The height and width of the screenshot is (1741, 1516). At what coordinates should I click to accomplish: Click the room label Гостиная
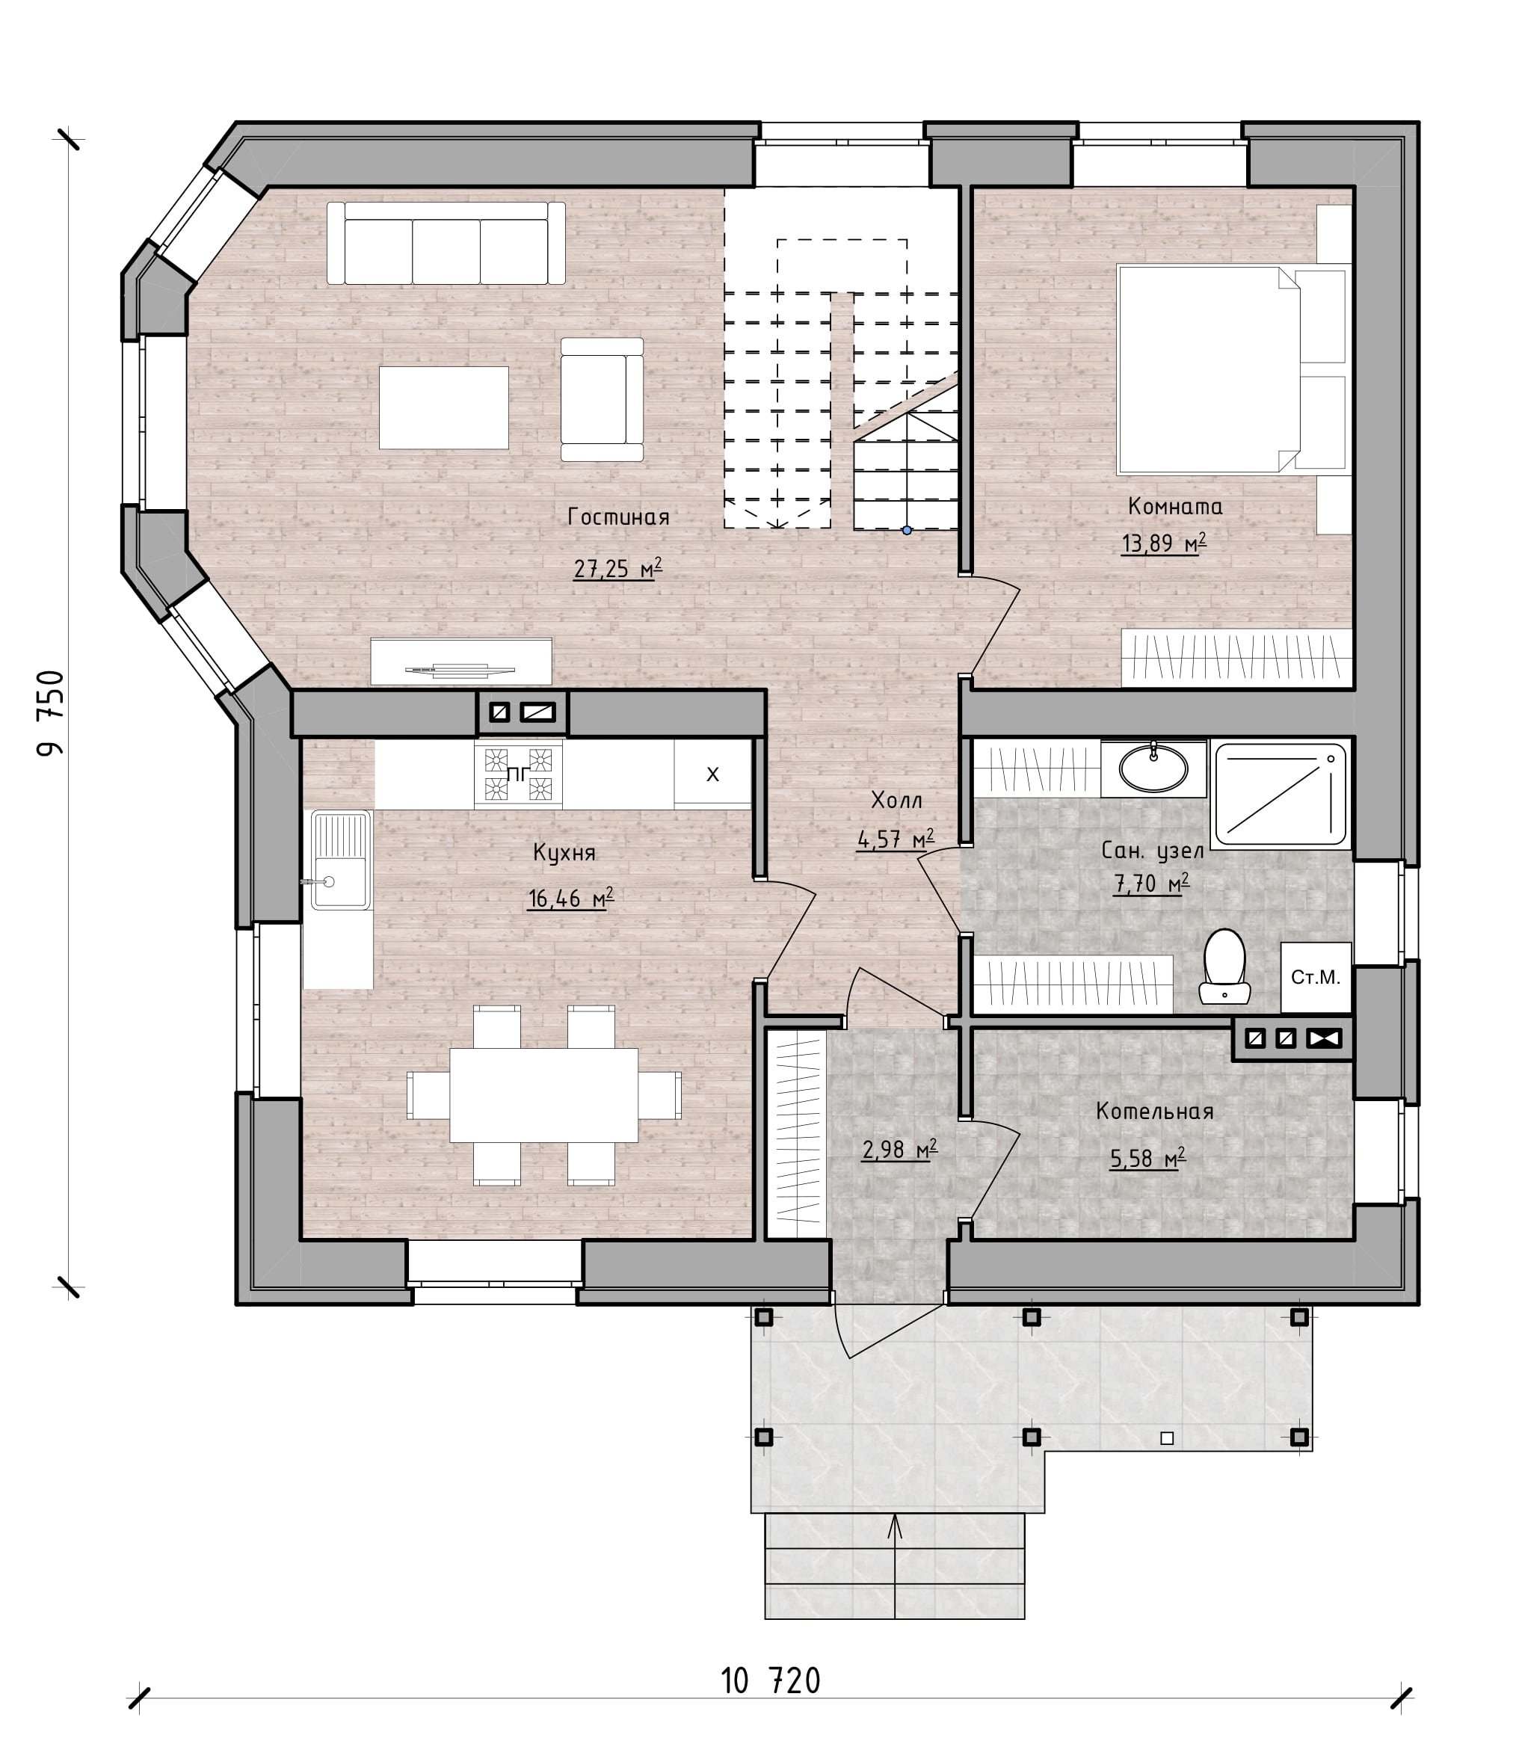618,516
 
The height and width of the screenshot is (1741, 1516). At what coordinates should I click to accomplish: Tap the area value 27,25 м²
617,568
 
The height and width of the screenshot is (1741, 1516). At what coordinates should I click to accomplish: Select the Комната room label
1175,506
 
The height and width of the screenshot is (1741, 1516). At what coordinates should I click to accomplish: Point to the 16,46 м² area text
570,898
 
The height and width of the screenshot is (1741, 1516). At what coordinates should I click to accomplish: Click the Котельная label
1155,1111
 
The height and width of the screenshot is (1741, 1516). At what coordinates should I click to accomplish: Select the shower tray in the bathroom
1280,794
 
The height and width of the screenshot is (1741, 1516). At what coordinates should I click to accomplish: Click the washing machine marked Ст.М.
1316,977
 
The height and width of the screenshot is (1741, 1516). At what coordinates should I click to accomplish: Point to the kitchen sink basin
341,860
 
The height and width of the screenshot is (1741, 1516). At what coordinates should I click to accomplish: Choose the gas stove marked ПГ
518,773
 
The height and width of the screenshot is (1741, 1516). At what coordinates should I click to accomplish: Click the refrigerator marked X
712,773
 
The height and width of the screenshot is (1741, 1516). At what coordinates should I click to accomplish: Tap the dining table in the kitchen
543,1094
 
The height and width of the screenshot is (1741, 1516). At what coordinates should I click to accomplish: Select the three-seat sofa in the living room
446,243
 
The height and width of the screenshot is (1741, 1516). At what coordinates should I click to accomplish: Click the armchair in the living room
602,399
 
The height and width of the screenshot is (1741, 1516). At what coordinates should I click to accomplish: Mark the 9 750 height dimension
51,712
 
